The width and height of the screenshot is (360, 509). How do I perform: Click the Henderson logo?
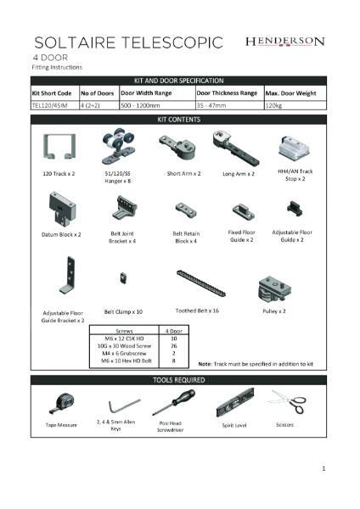pos(284,41)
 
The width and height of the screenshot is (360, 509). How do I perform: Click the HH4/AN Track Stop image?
pos(290,148)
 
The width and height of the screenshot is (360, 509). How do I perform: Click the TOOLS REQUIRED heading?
pos(179,379)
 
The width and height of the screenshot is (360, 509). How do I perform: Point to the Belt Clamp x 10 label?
pos(123,311)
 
